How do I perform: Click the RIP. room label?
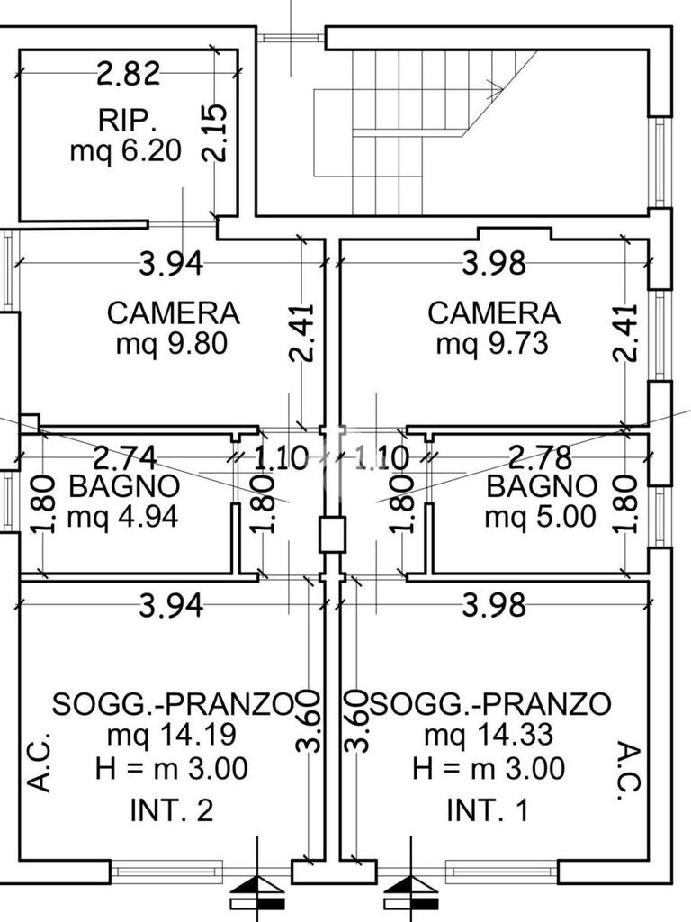128,121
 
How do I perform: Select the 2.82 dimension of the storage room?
128,74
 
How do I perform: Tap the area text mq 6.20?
126,151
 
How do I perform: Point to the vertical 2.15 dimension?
213,132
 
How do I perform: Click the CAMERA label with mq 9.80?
174,312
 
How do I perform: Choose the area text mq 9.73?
492,343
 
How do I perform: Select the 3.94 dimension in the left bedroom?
171,263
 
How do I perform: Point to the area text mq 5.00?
541,516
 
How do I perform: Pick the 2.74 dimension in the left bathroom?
126,457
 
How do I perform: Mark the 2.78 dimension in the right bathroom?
540,456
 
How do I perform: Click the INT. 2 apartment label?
172,810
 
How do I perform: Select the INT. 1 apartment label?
487,810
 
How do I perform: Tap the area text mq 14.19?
172,734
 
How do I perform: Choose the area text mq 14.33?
489,734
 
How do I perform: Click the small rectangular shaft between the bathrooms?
332,535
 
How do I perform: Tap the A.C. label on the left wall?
40,762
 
